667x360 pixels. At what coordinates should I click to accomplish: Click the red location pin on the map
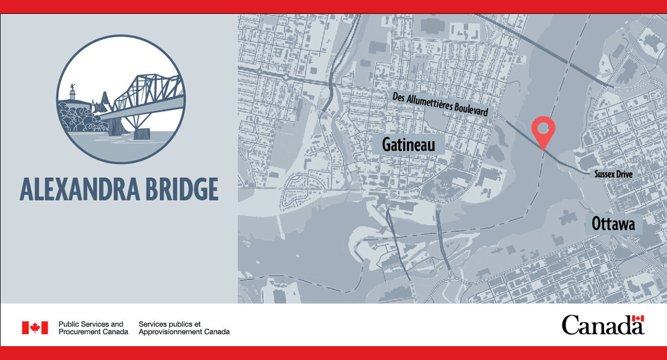[543, 129]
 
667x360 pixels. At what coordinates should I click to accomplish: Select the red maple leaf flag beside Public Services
[35, 328]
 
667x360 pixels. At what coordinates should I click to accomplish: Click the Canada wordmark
[602, 325]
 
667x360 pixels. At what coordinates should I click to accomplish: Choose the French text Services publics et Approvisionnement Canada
[183, 328]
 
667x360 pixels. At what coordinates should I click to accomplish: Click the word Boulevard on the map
[470, 109]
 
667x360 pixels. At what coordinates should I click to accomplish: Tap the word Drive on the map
[623, 174]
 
